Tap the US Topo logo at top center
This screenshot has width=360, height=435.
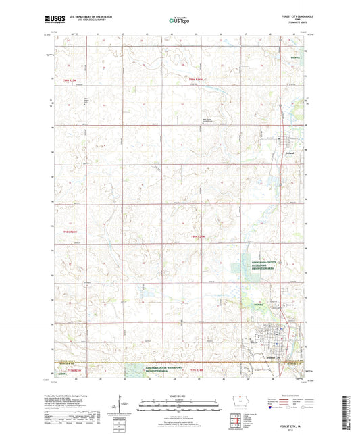179,21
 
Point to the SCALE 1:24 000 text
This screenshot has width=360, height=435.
179,396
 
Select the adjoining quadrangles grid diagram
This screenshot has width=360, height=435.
234,423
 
